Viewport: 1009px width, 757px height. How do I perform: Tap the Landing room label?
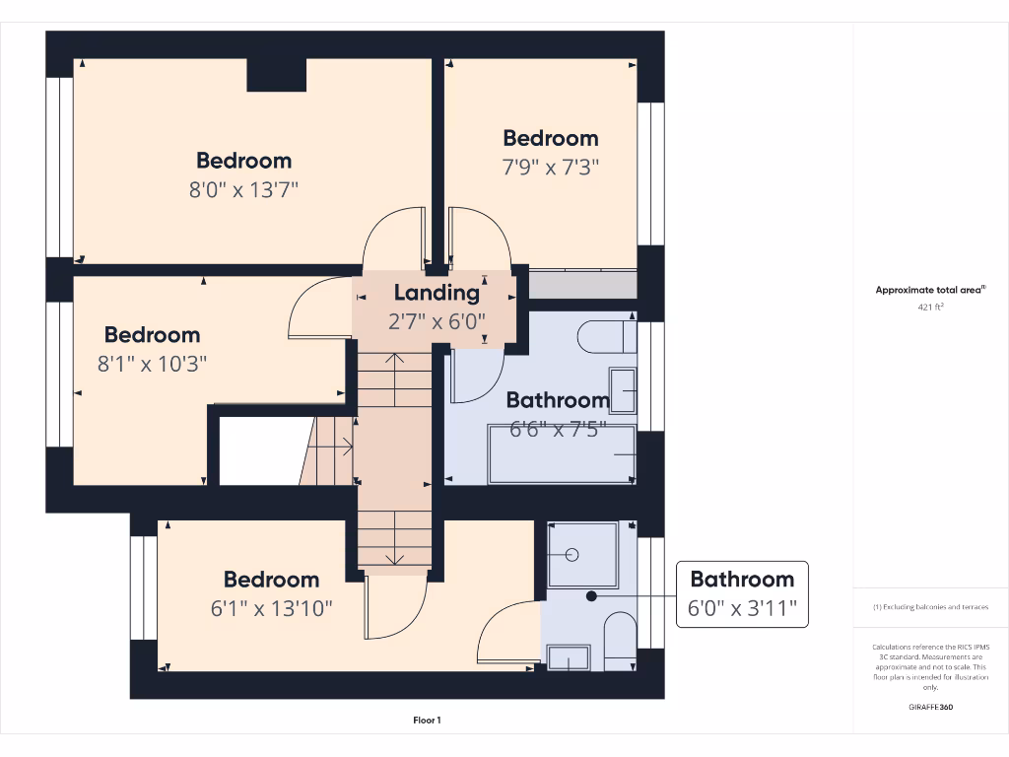(x=437, y=293)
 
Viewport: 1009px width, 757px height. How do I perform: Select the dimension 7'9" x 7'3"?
(x=551, y=167)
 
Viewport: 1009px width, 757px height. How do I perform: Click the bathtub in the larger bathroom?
(x=562, y=454)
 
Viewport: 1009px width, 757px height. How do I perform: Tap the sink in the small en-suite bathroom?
(x=568, y=657)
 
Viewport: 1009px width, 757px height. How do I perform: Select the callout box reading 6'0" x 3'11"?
(x=741, y=594)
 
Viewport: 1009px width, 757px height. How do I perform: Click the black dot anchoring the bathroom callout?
(x=591, y=595)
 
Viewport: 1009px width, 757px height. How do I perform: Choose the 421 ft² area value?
(x=930, y=307)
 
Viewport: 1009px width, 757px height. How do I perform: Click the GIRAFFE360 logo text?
(x=930, y=708)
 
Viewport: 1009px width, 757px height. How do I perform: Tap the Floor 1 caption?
(x=427, y=721)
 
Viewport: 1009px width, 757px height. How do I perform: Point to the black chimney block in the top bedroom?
(x=276, y=75)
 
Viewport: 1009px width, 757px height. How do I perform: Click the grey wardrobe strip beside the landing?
(x=582, y=285)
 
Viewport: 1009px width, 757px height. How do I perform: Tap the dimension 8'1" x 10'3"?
(x=152, y=364)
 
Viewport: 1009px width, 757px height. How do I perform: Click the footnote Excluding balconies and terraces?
(x=930, y=607)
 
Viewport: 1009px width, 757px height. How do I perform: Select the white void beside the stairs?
(x=258, y=450)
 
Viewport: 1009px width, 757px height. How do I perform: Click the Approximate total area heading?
(x=930, y=290)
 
